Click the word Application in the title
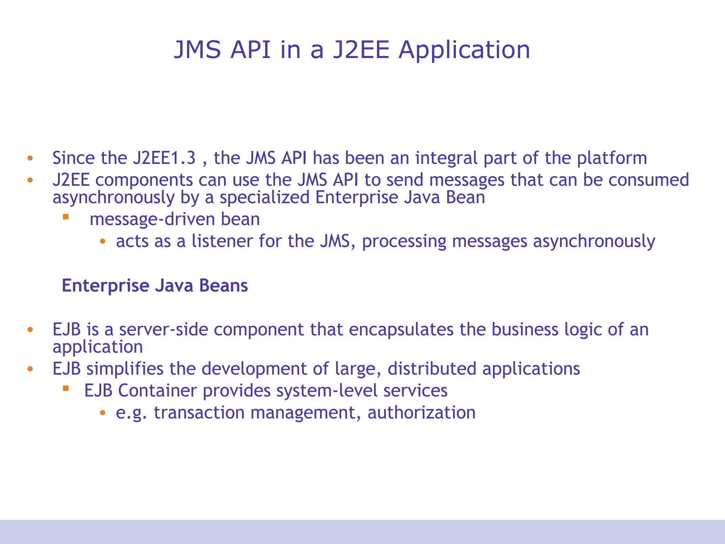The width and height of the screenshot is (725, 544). coord(464,50)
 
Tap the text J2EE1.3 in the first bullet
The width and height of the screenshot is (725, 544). coord(164,158)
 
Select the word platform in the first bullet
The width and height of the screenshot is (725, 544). coord(612,158)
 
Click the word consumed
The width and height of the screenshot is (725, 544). coord(649,180)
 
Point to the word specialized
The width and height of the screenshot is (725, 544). coord(264,197)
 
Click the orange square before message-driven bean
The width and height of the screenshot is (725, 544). coord(65,216)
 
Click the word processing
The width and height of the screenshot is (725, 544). coord(404,242)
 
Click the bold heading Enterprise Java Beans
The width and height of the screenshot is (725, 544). coord(155,285)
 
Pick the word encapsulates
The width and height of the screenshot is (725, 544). coord(401,329)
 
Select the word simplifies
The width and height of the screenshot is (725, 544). coord(125,369)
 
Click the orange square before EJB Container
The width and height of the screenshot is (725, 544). coord(65,389)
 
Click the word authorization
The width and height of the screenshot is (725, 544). coord(421,413)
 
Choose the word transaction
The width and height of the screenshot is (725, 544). coord(199,413)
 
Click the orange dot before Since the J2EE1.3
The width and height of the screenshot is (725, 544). coord(30,158)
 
